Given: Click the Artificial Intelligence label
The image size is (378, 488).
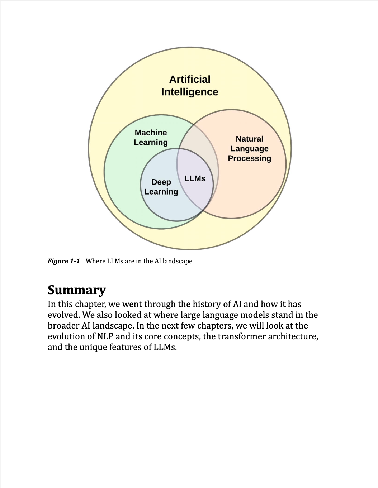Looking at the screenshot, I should pos(190,86).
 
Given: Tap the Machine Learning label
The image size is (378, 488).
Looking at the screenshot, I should pos(151,138).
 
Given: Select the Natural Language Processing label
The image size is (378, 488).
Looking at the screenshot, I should pos(250,149).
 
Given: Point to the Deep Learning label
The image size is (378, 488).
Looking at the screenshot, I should pos(161,187).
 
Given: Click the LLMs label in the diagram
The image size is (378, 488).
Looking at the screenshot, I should pos(195,178).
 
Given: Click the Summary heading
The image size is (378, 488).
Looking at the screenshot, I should pos(77,290).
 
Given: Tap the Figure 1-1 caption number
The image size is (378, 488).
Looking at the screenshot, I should pos(63,261).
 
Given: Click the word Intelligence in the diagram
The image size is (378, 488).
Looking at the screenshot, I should pos(190,92).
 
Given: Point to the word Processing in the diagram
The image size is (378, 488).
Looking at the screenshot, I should pos(250,158).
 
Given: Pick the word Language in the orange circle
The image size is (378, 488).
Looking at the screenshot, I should pos(250,149).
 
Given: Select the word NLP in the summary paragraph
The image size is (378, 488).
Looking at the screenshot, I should pos(105,336).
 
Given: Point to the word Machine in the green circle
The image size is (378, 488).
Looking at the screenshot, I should pos(151,133).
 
